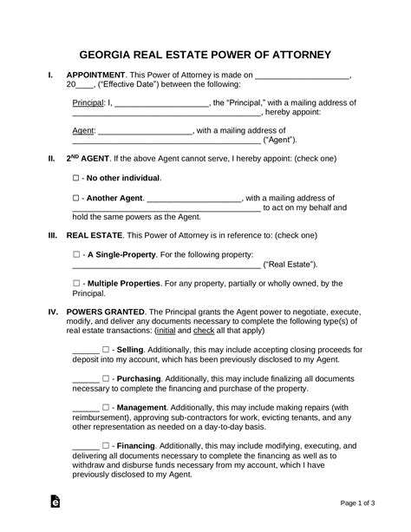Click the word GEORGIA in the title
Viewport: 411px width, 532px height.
click(109, 54)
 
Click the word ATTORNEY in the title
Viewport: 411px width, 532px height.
click(294, 54)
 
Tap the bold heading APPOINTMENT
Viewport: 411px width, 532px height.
click(98, 76)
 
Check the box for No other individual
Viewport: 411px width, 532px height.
click(76, 178)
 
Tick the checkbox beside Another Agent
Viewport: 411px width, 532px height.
click(76, 198)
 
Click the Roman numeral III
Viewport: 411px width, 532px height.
click(52, 235)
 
